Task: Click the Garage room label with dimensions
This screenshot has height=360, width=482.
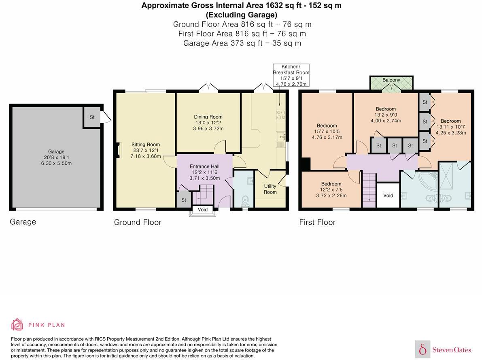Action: [x=56, y=158]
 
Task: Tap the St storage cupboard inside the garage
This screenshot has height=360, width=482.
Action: [x=92, y=117]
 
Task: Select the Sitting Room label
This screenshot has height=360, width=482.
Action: [x=146, y=150]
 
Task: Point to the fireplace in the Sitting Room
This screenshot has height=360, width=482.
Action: [x=118, y=150]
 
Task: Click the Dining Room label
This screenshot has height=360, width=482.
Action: [x=208, y=123]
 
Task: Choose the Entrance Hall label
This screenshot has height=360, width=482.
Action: [x=204, y=172]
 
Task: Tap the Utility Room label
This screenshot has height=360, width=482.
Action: [x=270, y=189]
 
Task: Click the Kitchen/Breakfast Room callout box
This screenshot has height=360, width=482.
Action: [x=291, y=75]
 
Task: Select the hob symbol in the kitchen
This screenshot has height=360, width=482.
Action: [x=280, y=115]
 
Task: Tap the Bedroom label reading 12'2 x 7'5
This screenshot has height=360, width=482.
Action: [x=331, y=190]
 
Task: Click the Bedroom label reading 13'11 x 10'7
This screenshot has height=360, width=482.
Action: [x=450, y=127]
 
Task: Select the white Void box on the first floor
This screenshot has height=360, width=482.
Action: [x=388, y=195]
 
